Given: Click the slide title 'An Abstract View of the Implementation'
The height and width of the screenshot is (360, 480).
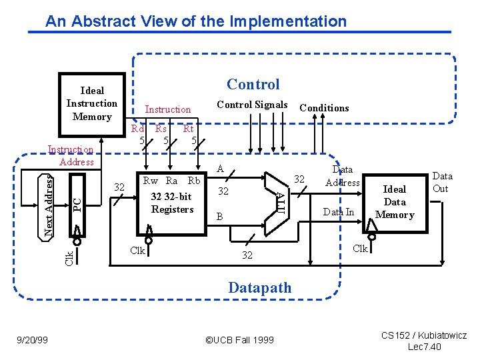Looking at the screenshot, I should pos(196,21).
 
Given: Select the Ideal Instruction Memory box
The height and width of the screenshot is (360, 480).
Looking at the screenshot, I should pos(92,103).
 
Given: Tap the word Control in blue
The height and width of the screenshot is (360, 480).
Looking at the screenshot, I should pos(253,84).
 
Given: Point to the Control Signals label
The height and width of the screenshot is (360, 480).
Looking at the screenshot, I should pos(253,105).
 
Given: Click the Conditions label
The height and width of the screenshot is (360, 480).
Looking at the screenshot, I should pos(324,107).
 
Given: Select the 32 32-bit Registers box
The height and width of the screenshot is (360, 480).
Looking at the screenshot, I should pos(172,203).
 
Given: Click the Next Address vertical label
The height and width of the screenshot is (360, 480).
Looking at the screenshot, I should pos(49,205).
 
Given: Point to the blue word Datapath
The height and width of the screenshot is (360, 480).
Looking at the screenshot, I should pos(259,288).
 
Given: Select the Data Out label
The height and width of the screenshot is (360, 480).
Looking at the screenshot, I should pos(442,182).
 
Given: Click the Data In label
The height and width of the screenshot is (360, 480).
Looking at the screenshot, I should pos(339,212).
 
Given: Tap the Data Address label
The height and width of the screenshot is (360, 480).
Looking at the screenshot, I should pos(342,176).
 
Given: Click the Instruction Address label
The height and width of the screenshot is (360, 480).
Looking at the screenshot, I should pos(71,156).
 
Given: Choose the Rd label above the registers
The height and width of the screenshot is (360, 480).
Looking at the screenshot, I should pos(138,129).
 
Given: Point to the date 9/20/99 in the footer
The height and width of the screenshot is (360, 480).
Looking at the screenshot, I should pos(32,340).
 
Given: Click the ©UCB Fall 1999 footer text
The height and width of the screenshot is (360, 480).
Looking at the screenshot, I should pos(239,340).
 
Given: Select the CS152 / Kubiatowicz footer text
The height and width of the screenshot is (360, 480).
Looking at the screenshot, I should pos(424,335).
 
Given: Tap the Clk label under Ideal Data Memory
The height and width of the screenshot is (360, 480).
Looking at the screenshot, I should pos(360,249).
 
